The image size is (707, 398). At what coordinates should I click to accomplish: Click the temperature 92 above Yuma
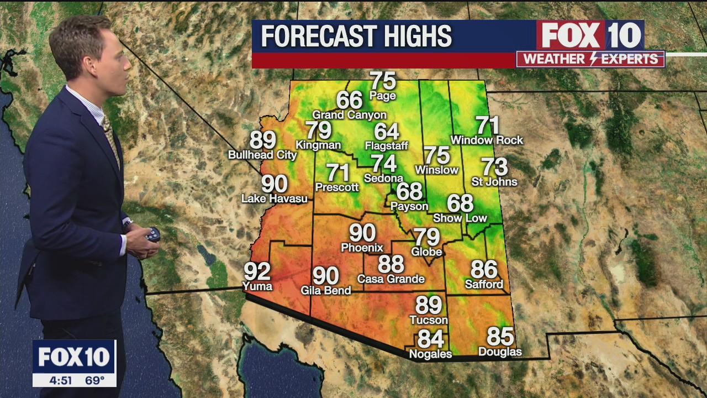(257, 271)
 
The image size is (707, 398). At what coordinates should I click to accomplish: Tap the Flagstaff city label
(387, 146)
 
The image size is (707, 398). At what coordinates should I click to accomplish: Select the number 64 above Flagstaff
(387, 132)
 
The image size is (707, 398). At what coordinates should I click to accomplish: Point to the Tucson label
(429, 320)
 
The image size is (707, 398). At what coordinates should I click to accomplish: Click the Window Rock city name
(487, 140)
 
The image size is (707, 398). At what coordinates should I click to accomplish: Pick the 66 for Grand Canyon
(349, 100)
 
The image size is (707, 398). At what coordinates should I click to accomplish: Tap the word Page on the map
(383, 96)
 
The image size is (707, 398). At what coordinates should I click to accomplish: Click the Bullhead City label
(262, 155)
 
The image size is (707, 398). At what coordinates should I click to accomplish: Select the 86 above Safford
(484, 270)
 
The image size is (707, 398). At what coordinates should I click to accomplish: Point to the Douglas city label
(500, 352)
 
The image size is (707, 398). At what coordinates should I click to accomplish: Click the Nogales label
(430, 354)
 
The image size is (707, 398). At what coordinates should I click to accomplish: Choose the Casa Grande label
(391, 279)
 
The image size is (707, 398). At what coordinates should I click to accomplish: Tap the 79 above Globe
(427, 237)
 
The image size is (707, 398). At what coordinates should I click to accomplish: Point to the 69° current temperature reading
(94, 380)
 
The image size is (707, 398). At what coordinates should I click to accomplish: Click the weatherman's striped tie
(110, 138)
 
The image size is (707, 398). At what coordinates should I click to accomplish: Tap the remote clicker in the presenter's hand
(152, 235)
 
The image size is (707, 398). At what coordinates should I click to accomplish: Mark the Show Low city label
(460, 218)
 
